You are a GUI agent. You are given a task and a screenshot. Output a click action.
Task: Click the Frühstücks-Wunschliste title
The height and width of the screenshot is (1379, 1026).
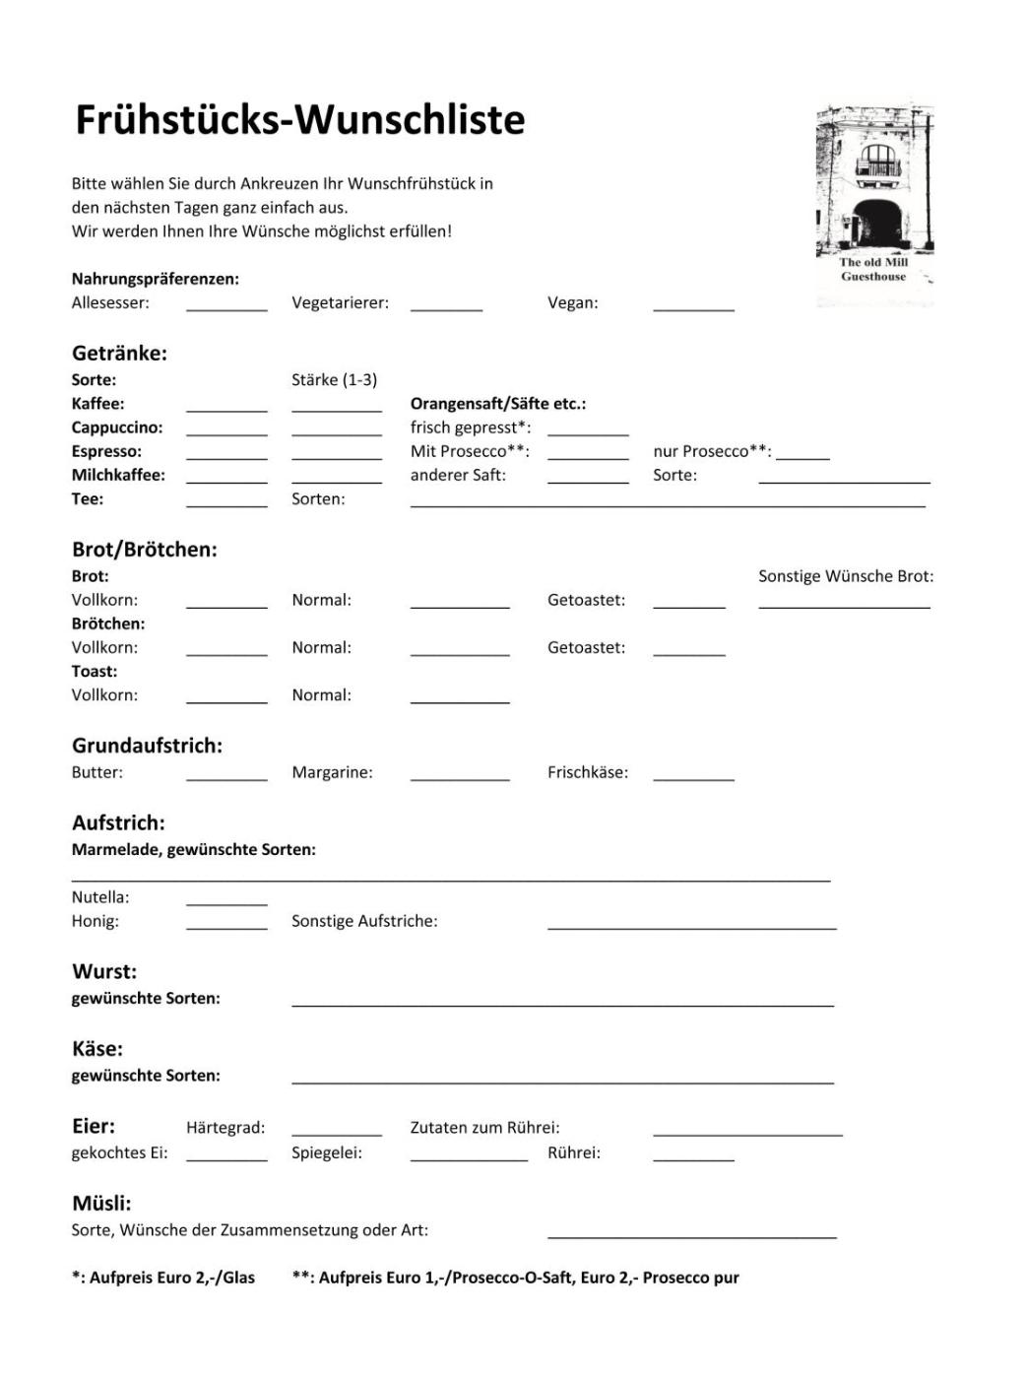click(300, 119)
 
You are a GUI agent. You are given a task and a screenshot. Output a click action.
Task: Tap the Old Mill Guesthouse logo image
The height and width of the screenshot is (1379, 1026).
click(874, 202)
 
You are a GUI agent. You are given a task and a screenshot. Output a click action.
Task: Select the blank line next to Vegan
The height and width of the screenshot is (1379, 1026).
click(693, 308)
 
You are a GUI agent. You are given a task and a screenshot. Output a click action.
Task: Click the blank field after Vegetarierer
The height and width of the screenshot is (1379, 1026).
click(446, 308)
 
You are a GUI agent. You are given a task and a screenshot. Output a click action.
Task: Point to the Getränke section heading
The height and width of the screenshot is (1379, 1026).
click(119, 354)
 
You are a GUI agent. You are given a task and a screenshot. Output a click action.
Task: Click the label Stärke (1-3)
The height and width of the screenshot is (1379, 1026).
click(334, 380)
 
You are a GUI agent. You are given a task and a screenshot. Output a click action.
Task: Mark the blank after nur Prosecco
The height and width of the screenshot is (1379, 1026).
click(802, 457)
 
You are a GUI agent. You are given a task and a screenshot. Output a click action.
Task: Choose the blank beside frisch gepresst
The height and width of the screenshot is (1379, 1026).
click(588, 433)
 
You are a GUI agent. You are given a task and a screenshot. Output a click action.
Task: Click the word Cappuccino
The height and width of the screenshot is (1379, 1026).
click(117, 427)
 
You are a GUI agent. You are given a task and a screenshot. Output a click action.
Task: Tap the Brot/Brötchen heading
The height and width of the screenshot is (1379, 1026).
click(145, 550)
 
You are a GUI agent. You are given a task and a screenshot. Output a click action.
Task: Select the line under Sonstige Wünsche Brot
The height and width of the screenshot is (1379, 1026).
click(844, 606)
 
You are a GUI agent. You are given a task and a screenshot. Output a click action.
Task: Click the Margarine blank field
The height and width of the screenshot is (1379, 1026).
click(460, 778)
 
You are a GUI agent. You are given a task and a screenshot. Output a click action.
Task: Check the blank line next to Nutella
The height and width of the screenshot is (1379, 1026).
click(226, 902)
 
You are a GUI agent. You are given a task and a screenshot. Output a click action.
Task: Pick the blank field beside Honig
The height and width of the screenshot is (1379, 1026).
click(226, 926)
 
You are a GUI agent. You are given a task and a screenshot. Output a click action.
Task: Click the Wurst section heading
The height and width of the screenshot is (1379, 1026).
click(104, 972)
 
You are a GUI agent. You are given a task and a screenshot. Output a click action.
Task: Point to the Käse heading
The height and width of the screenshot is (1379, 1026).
click(97, 1049)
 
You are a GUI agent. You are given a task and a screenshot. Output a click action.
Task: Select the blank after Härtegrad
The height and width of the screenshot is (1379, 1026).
click(337, 1134)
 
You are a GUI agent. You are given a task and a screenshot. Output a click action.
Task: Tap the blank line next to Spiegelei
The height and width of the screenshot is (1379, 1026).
click(469, 1158)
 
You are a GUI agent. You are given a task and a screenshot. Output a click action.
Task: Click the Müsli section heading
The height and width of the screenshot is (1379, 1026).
click(101, 1204)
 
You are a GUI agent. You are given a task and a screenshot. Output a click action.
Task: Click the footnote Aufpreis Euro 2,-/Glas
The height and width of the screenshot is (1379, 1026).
click(163, 1278)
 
